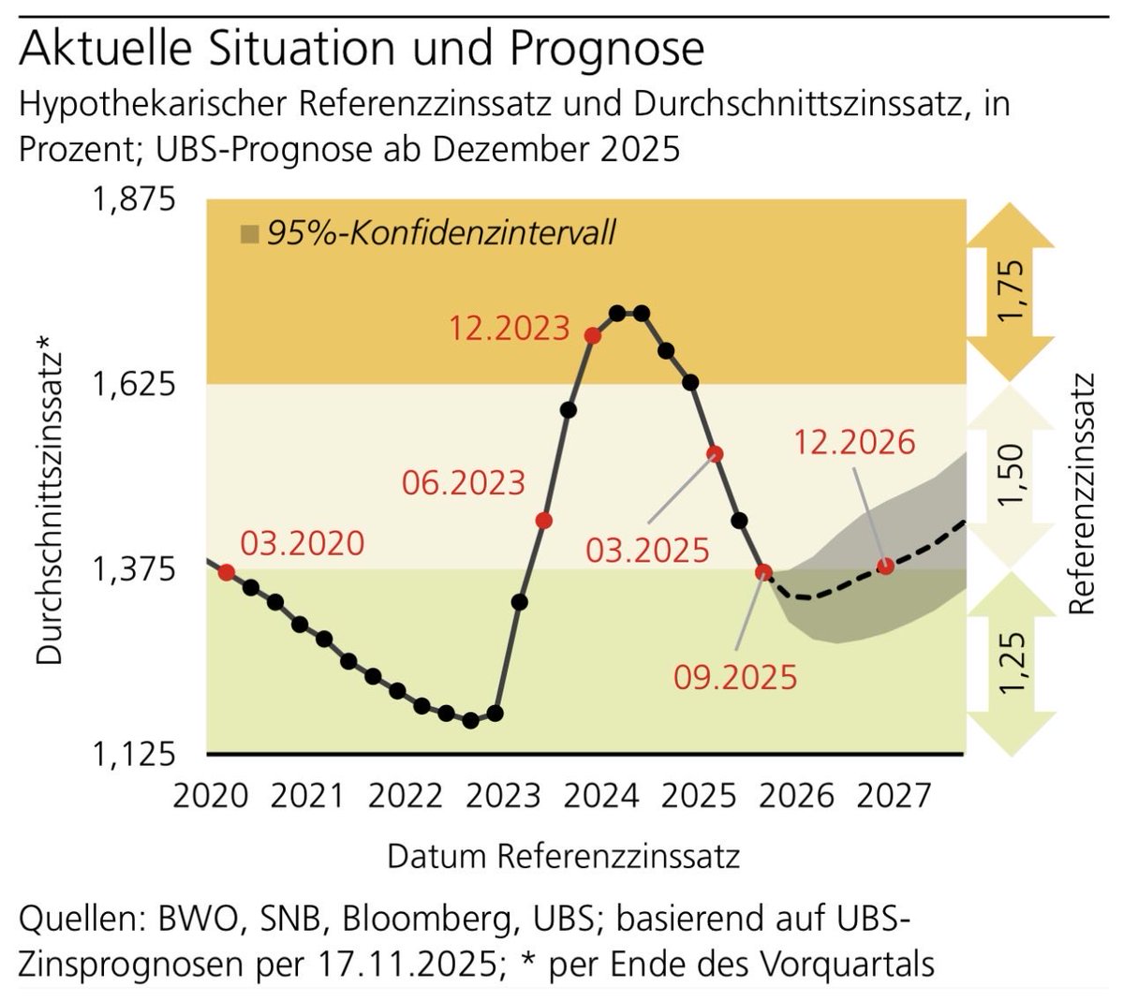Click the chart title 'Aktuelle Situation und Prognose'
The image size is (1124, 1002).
[x=361, y=49]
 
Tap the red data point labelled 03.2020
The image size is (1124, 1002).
[x=226, y=572]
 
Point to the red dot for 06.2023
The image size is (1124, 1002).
[x=543, y=521]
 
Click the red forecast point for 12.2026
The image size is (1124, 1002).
[x=885, y=566]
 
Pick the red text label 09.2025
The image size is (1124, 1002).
[x=735, y=676]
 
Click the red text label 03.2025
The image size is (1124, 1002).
[x=647, y=551]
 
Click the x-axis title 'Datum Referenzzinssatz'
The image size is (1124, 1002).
[x=563, y=856]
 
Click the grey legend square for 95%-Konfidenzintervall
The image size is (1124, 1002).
[x=249, y=233]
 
